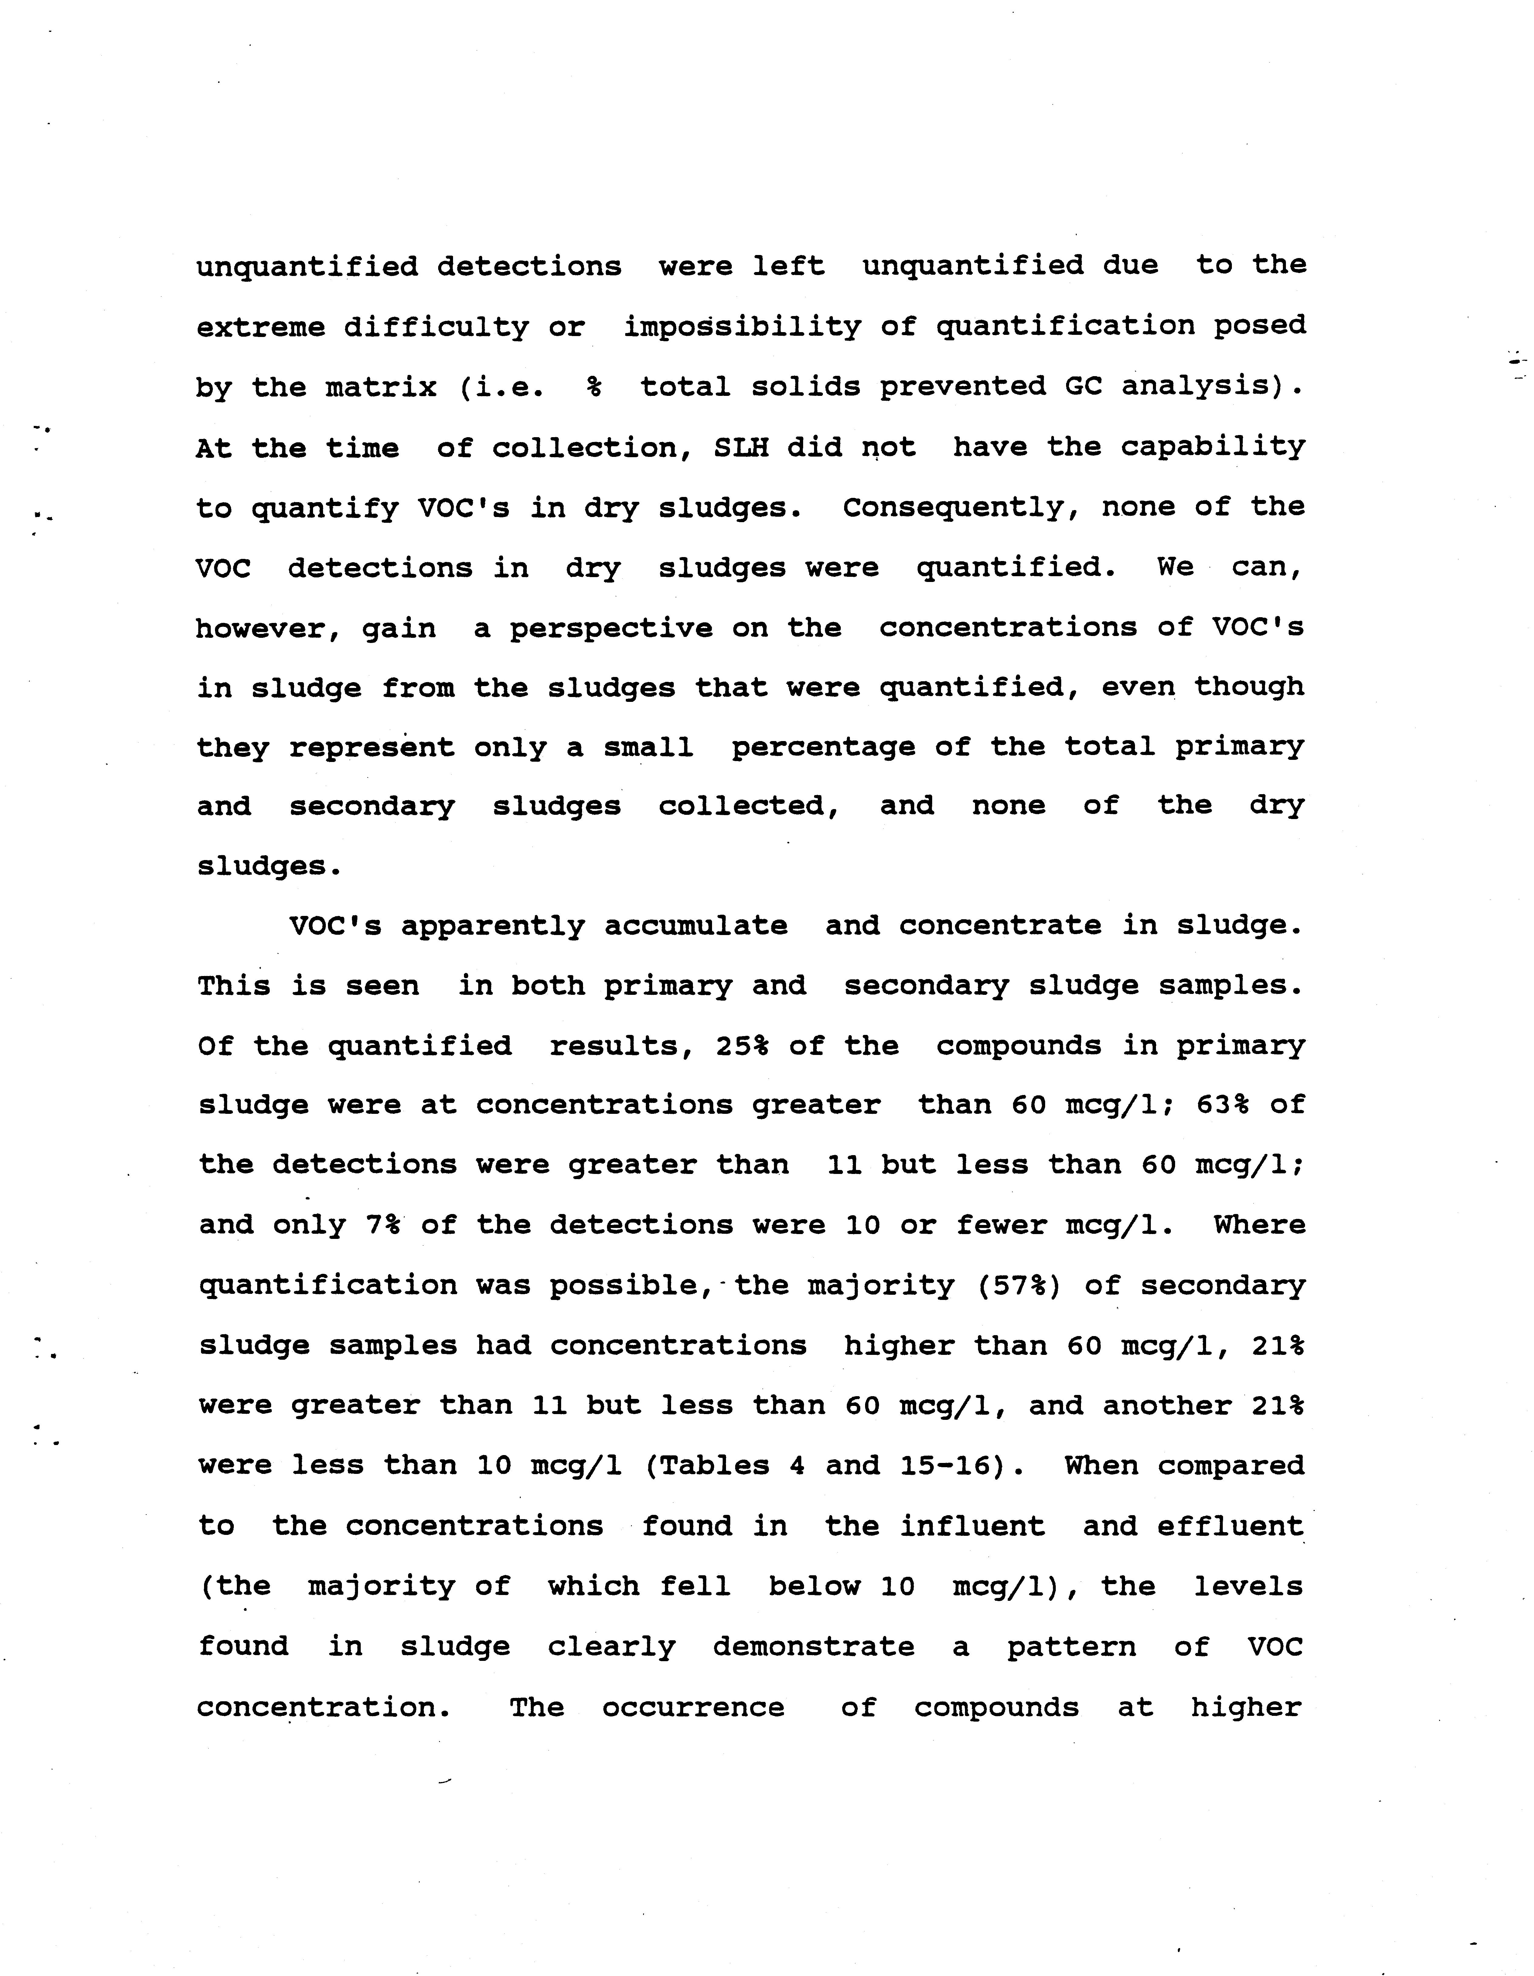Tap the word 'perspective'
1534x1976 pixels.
pyautogui.click(x=611, y=628)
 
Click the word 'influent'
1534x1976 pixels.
pyautogui.click(x=972, y=1526)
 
